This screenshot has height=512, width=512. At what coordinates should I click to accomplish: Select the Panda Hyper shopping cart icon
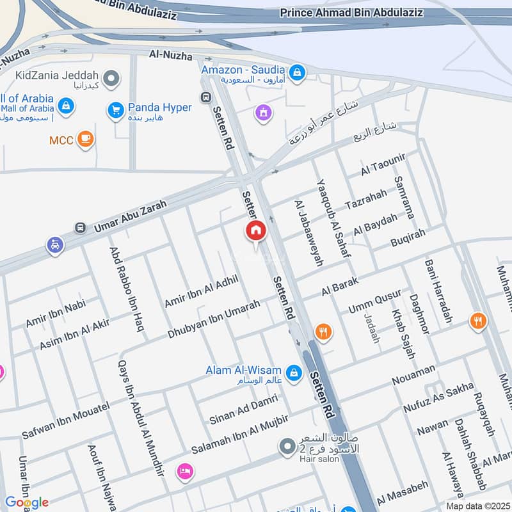click(115, 109)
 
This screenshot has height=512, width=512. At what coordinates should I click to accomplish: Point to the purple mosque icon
click(262, 113)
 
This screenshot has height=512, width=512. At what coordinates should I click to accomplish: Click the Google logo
click(26, 502)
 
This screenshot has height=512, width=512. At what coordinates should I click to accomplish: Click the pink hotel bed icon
click(185, 470)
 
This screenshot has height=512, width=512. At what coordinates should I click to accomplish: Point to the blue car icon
click(55, 244)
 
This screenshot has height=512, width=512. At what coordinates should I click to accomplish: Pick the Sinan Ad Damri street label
click(244, 410)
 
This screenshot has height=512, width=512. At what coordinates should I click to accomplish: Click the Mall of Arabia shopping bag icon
click(65, 105)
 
